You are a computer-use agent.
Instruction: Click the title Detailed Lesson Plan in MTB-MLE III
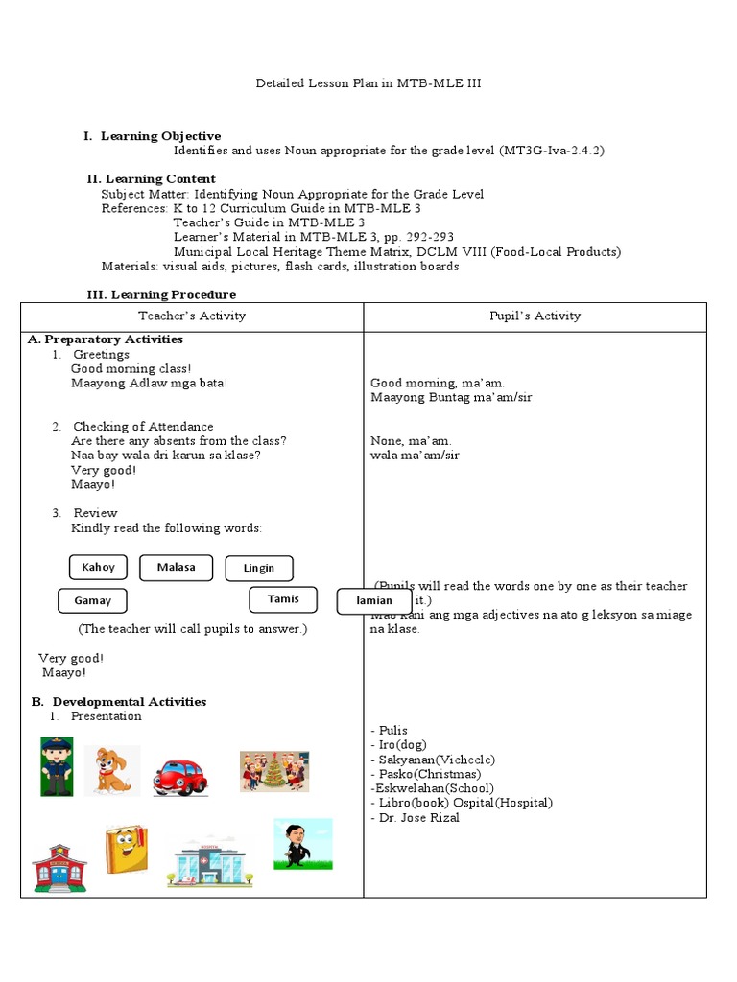tap(368, 83)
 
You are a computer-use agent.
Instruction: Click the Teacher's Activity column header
tap(192, 316)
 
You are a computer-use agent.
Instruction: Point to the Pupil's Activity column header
tap(535, 316)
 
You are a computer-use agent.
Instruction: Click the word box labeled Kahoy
tap(98, 568)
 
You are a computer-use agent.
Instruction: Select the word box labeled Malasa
tap(176, 568)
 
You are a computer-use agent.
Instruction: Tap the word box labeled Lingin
tap(259, 569)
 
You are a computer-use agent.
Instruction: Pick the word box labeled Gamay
tap(93, 601)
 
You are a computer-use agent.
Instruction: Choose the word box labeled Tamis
tap(283, 599)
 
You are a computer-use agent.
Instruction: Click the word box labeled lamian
tap(374, 601)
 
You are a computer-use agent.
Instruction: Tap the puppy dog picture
tap(111, 770)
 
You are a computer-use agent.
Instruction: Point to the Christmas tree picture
tap(274, 771)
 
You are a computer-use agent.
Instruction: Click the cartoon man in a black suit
tap(303, 844)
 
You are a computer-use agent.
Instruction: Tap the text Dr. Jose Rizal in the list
tap(416, 818)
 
